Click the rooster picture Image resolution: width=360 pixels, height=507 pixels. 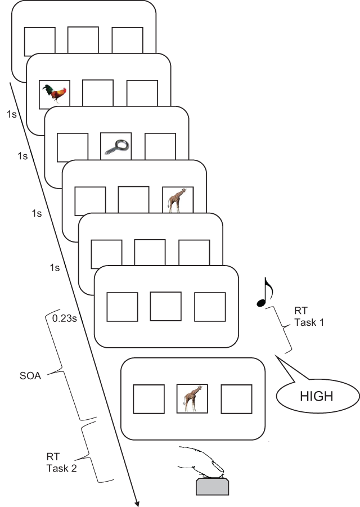point(55,93)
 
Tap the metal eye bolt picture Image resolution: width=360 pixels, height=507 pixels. point(116,147)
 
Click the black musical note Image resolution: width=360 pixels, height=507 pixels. point(264,293)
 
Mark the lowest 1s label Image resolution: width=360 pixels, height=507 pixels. point(55,268)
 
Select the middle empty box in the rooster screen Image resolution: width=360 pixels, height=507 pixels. point(98,94)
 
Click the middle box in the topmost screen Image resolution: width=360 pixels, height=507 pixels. point(83,41)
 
